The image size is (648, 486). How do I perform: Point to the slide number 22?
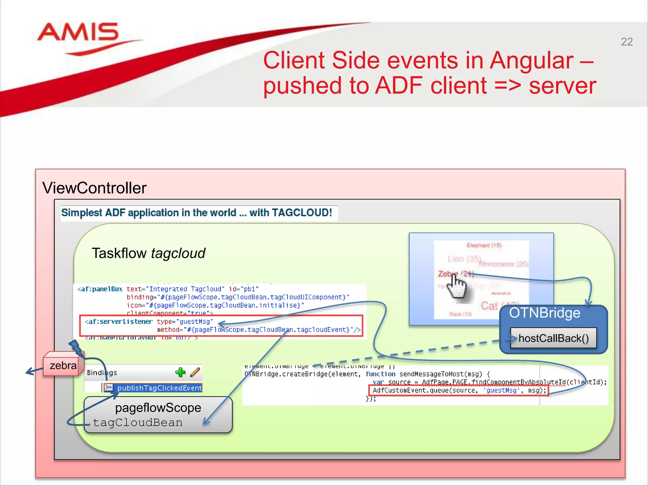[x=626, y=42]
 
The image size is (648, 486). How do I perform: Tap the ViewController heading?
[x=94, y=188]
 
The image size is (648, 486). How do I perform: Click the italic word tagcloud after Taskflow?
[x=178, y=253]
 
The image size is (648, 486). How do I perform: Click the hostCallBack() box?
[x=553, y=338]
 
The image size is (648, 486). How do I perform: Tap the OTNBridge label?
[x=545, y=313]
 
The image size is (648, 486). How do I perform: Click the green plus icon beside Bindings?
[x=180, y=372]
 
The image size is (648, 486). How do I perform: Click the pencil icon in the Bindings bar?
[x=195, y=372]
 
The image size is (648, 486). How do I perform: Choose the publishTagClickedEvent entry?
[x=159, y=388]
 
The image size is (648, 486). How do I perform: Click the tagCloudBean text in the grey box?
[x=138, y=422]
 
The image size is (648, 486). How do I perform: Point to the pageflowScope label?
[x=158, y=408]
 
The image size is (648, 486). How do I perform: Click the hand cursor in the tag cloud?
[x=458, y=286]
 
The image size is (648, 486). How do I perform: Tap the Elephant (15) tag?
[x=484, y=245]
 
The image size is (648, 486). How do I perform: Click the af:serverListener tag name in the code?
[x=119, y=321]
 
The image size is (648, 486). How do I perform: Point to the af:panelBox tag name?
[x=100, y=289]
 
